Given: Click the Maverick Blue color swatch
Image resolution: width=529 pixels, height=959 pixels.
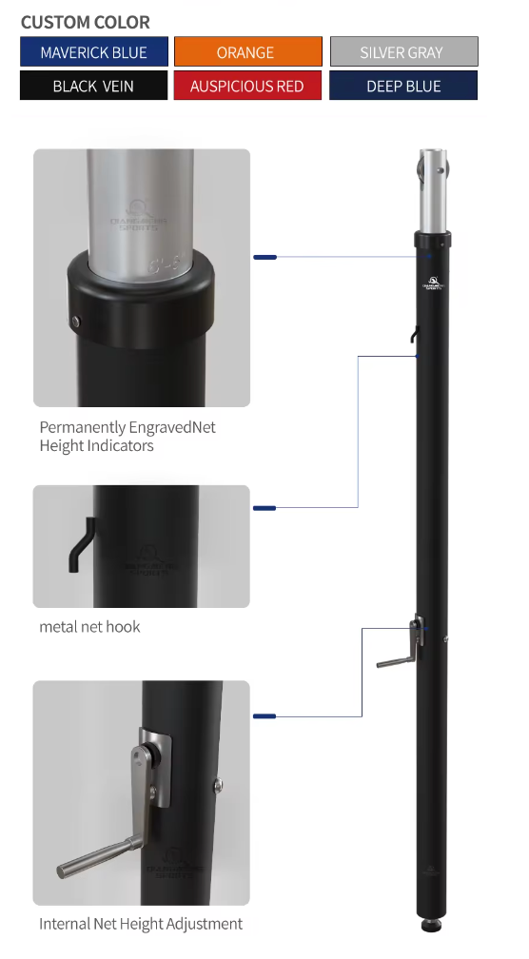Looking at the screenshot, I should tap(94, 52).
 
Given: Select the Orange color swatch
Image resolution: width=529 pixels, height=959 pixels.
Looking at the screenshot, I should tap(247, 52).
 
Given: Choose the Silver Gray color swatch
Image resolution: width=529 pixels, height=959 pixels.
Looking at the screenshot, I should tap(403, 52).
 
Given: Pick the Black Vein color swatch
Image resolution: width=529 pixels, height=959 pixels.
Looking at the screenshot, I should tap(93, 86).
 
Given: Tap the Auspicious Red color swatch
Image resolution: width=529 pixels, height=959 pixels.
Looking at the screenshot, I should tap(247, 86).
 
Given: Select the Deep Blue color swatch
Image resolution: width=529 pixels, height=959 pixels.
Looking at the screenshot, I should tap(403, 86).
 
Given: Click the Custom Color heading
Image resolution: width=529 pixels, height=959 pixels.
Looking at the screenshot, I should tap(86, 22).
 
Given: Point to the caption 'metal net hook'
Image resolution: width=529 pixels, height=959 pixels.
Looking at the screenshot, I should tap(89, 627).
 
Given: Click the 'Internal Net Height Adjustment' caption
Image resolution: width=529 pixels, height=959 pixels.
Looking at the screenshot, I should tap(141, 924).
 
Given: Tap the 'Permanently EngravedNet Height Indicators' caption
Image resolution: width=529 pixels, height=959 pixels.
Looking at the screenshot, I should tap(127, 437).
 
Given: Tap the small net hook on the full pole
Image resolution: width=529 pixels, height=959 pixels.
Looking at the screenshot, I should tap(413, 334).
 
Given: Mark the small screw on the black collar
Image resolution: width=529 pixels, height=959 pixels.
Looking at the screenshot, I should tap(79, 323).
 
